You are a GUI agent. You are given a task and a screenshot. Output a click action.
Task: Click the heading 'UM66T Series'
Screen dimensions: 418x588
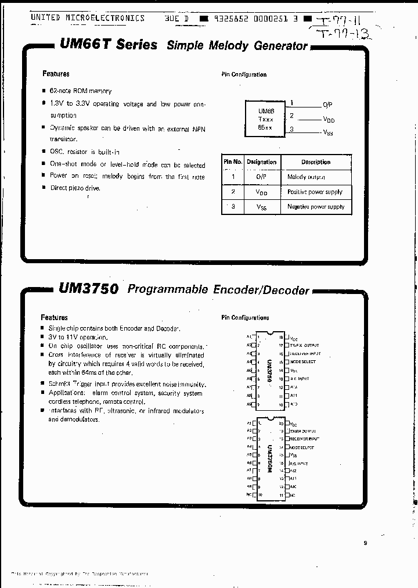(x=108, y=45)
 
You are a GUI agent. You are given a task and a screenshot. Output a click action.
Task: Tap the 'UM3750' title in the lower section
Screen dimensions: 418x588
(x=88, y=288)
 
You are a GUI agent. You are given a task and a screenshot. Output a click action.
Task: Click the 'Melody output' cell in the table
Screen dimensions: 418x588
(x=306, y=177)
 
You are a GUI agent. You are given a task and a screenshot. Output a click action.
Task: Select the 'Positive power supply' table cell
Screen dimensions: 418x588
(x=315, y=192)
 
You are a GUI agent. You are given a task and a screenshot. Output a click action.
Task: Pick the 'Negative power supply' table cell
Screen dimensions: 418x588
(x=315, y=207)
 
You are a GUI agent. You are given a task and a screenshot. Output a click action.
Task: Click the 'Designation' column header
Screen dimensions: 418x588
(x=261, y=162)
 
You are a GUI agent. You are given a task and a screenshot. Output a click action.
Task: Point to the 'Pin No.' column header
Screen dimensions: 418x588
(x=233, y=162)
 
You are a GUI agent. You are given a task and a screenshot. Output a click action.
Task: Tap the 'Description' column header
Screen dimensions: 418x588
(x=315, y=162)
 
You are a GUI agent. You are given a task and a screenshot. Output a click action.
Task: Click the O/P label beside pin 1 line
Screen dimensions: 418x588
(x=328, y=105)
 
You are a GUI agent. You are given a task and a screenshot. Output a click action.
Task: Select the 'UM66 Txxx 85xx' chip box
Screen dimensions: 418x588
(x=266, y=118)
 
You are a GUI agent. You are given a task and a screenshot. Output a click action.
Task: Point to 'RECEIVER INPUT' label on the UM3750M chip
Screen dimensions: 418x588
(x=305, y=439)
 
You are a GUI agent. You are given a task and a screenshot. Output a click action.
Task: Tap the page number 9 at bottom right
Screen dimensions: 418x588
(x=365, y=543)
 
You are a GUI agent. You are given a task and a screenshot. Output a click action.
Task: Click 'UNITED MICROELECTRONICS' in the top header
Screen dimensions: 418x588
(x=87, y=18)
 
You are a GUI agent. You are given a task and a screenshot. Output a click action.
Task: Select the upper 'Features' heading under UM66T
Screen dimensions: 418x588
(x=56, y=74)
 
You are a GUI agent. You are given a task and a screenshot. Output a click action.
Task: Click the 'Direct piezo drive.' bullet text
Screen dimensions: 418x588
(x=75, y=188)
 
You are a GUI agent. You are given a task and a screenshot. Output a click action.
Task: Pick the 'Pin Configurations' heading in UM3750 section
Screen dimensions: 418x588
(x=245, y=318)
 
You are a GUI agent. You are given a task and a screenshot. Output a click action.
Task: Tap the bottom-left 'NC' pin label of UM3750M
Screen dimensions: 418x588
(x=249, y=495)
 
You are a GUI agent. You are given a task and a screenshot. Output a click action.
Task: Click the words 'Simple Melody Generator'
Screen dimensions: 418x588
(x=237, y=46)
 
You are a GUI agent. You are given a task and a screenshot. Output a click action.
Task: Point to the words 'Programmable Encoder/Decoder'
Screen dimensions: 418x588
(x=218, y=289)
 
